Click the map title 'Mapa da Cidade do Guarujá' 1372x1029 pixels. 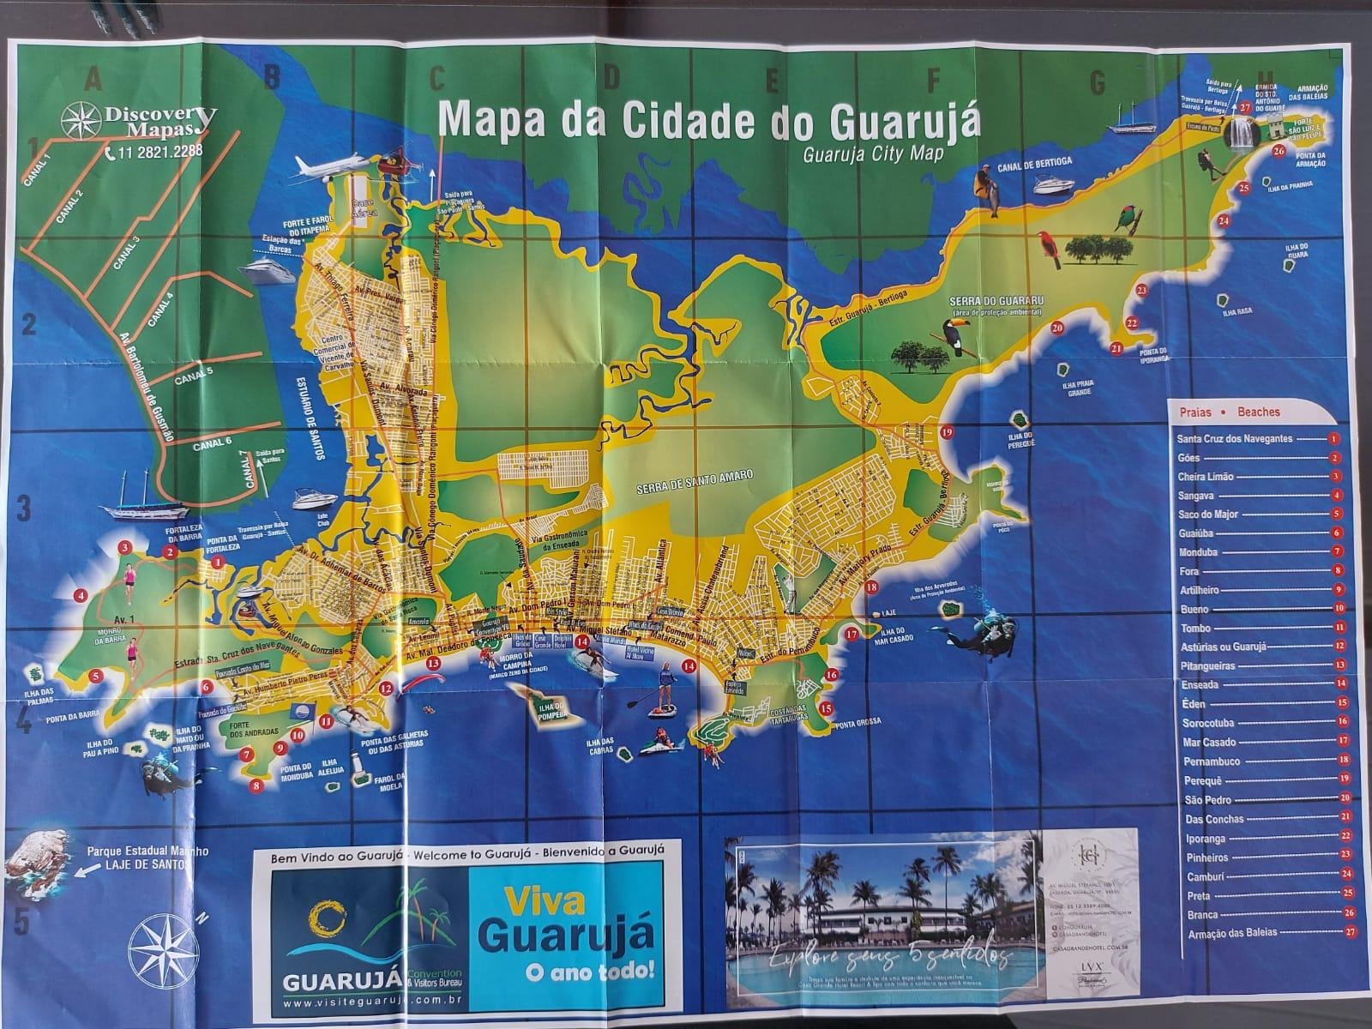(x=708, y=121)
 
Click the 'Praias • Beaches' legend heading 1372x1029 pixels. (x=1229, y=412)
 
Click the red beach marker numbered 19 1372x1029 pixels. (x=947, y=432)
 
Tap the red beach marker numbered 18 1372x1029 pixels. (x=871, y=587)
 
